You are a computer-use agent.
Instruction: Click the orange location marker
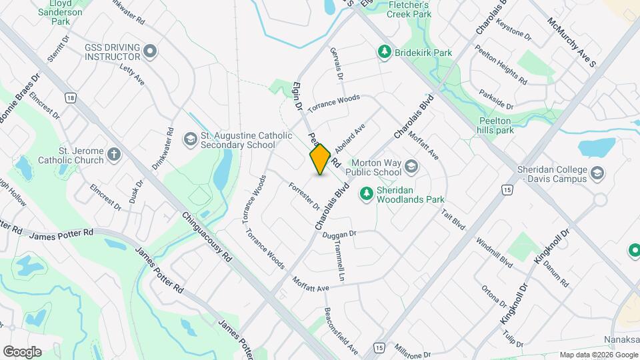(320, 159)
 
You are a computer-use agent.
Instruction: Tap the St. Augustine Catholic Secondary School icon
(191, 138)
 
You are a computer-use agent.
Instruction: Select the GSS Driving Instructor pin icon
(151, 50)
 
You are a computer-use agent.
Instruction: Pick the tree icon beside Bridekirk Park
(383, 51)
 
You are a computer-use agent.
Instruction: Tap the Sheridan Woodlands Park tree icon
(366, 193)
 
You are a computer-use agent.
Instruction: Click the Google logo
(22, 351)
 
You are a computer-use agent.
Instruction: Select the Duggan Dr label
(339, 234)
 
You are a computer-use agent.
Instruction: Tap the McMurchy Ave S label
(571, 41)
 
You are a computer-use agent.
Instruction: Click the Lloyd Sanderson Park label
(60, 12)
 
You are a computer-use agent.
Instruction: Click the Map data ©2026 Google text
(598, 354)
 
